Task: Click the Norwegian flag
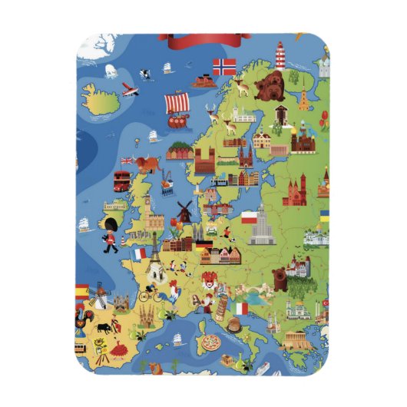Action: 224,67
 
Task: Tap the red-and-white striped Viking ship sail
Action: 177,102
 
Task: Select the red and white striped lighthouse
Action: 280,56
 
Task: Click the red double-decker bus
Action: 122,180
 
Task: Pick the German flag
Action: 203,247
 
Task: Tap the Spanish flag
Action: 81,291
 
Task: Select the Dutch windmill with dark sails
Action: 184,210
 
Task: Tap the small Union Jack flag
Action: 126,160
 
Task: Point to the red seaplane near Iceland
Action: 128,88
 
